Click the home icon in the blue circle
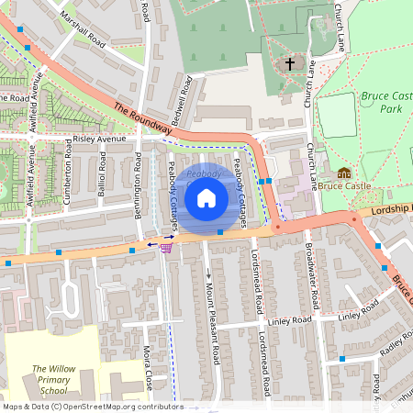(206, 197)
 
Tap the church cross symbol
(290, 64)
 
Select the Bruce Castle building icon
(344, 173)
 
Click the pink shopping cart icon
(166, 246)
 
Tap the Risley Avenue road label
(99, 140)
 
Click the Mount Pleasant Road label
(214, 316)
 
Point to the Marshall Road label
(82, 28)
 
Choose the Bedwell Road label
(180, 101)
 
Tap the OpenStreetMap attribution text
(92, 407)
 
